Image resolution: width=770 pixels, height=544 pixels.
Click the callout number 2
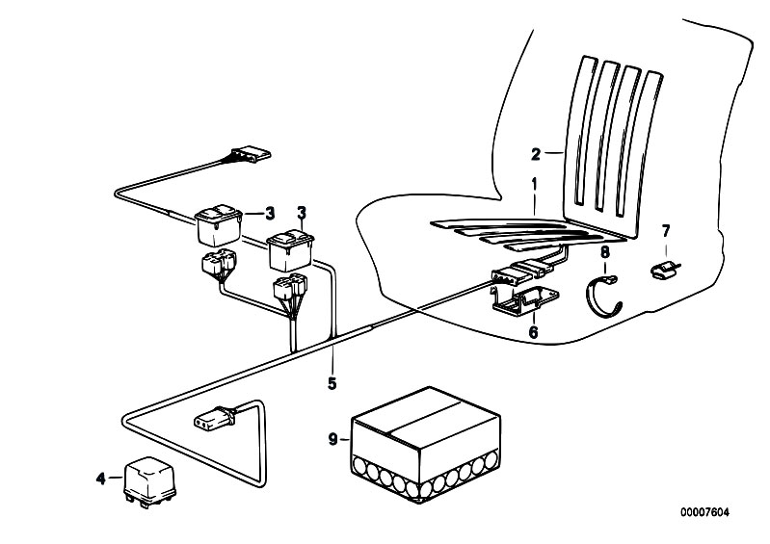(x=536, y=152)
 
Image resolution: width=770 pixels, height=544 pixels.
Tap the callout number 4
(x=101, y=477)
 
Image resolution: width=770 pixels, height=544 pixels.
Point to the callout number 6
(x=531, y=333)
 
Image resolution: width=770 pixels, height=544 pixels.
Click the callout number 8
(x=605, y=252)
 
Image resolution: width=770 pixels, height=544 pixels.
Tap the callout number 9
(x=332, y=440)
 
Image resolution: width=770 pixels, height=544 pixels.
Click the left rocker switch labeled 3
(x=219, y=226)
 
